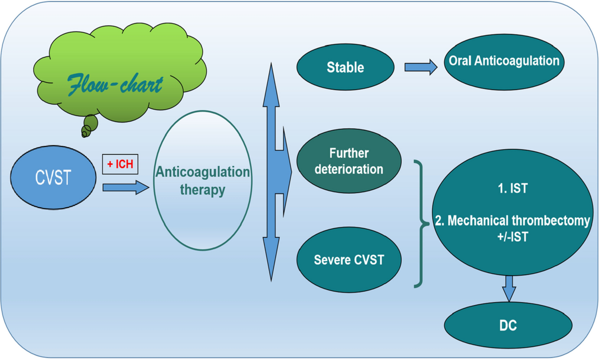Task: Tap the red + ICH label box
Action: [x=120, y=164]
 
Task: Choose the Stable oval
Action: [x=345, y=67]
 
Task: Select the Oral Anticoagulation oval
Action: [x=503, y=61]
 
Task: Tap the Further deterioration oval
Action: [x=349, y=161]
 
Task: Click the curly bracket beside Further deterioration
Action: [x=420, y=223]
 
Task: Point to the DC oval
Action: [x=508, y=326]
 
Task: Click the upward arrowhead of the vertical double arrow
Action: [x=271, y=75]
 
